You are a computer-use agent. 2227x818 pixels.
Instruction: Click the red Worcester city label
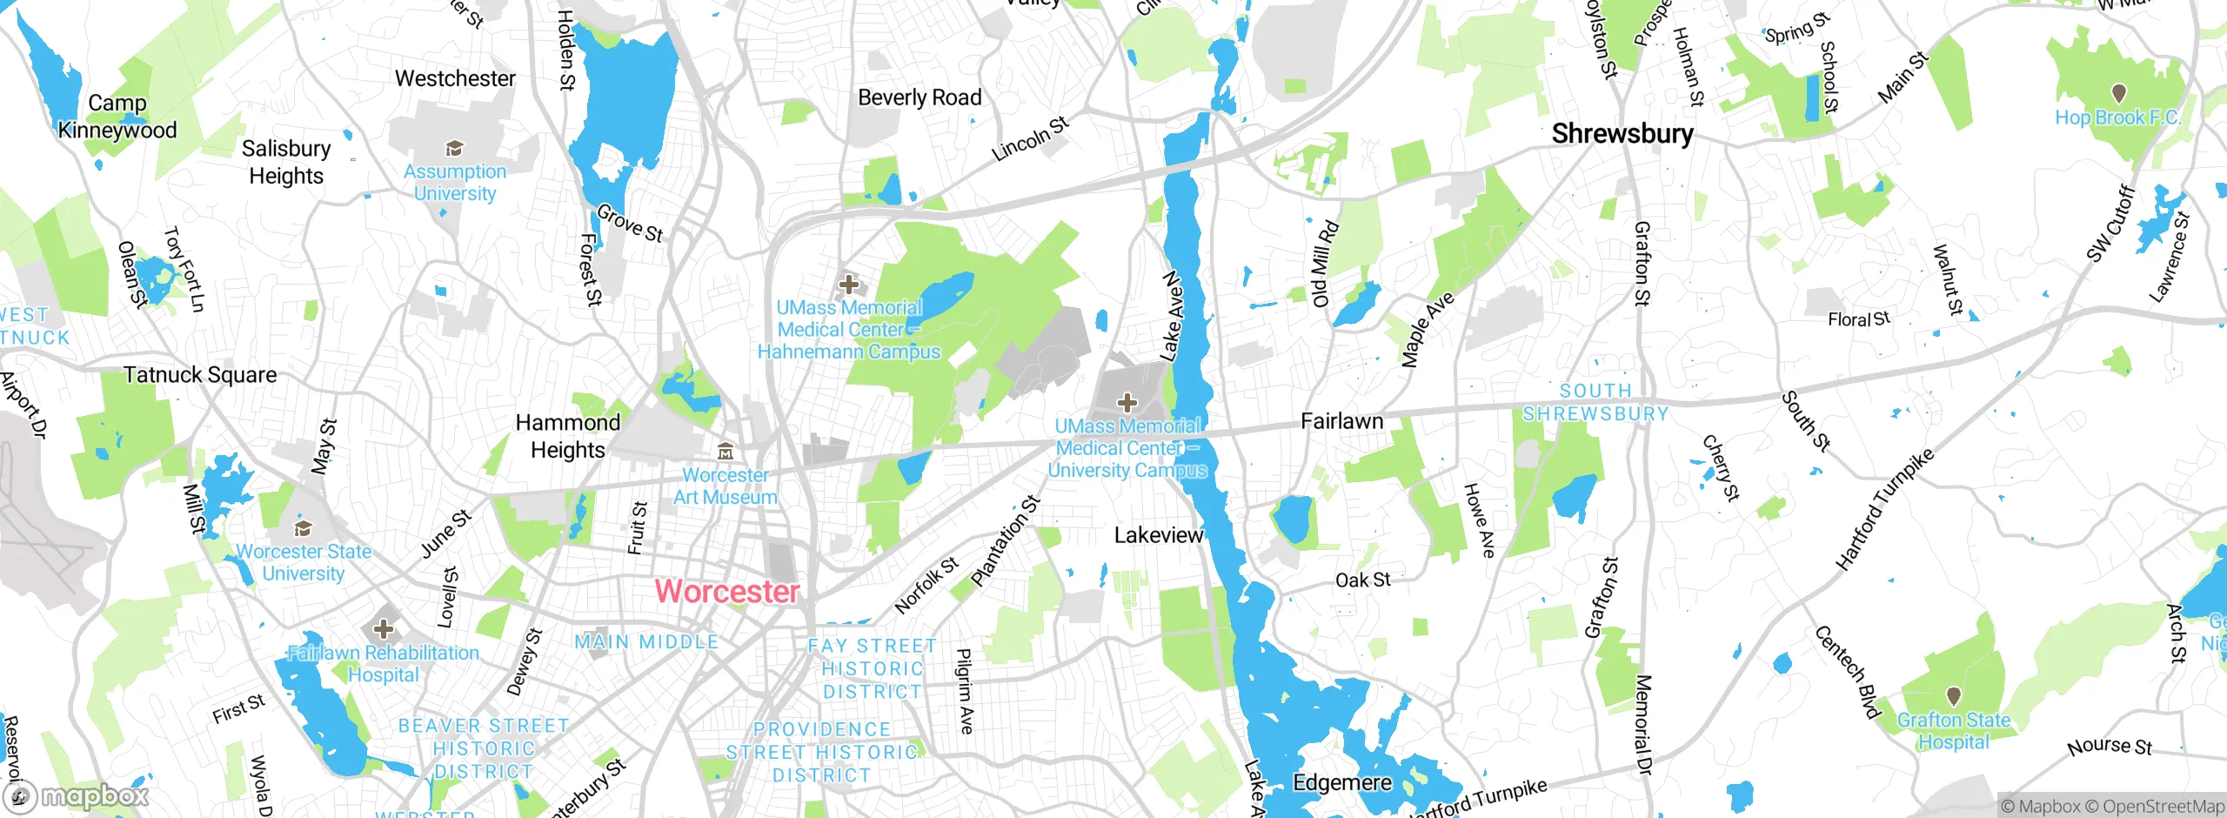726,592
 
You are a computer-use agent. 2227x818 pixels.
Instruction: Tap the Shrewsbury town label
1622,134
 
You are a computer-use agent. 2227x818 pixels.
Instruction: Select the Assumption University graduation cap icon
454,149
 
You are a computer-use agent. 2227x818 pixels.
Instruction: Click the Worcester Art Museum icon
725,452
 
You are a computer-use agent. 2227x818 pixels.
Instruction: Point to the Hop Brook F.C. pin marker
2118,92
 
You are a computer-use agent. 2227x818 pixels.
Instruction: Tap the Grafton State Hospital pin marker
1954,696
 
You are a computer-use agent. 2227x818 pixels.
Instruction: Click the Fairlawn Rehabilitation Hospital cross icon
383,628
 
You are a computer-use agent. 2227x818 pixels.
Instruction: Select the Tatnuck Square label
200,375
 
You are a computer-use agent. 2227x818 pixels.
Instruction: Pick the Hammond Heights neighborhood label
568,436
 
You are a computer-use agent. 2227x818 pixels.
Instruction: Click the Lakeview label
1159,535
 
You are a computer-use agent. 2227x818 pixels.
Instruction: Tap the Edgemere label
1342,782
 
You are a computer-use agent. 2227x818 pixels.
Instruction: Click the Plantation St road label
1005,540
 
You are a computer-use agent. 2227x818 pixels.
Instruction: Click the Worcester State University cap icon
303,528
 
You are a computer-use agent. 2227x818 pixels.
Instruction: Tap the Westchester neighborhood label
455,79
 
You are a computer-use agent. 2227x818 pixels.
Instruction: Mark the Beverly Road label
920,97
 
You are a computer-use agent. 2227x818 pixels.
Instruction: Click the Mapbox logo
77,796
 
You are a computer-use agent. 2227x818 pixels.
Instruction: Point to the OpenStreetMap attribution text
2162,807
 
